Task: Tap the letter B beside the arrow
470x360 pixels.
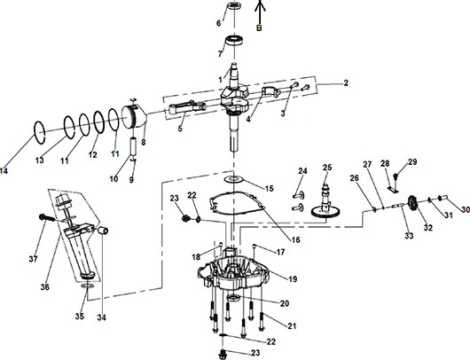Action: tap(259, 28)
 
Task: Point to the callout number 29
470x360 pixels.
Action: tap(412, 161)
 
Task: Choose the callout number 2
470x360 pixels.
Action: tap(345, 82)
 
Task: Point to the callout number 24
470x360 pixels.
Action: tap(302, 170)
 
